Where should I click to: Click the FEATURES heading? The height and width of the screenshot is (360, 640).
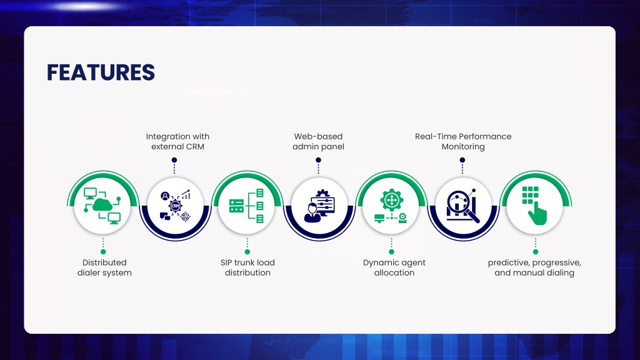(x=101, y=72)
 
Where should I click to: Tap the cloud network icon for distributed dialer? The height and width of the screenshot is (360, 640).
(x=102, y=206)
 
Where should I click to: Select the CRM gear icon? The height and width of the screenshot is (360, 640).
(x=175, y=206)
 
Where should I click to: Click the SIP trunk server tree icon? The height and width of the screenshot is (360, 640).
(x=246, y=206)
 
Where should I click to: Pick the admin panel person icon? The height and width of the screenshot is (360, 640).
(x=319, y=206)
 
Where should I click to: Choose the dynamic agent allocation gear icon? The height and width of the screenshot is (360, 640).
(x=391, y=206)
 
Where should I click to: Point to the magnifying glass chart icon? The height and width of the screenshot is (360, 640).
(x=463, y=206)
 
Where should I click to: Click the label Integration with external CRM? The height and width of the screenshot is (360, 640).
(x=177, y=141)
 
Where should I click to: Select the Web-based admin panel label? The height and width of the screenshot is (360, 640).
(x=318, y=141)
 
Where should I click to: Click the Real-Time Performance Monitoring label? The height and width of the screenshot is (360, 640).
(x=463, y=141)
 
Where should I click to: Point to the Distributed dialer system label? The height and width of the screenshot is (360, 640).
(x=104, y=267)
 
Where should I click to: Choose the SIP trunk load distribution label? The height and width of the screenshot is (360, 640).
(x=247, y=267)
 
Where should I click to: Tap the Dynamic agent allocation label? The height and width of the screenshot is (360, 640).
(x=394, y=267)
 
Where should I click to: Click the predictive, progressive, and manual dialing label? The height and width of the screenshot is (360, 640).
(x=534, y=267)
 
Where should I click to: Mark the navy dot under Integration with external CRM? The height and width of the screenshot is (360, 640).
(x=174, y=160)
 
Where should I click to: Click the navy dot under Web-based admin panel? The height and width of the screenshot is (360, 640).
(x=318, y=160)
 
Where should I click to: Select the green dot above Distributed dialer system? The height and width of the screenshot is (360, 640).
(x=103, y=252)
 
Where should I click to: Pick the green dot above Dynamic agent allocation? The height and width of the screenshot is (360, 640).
(x=391, y=252)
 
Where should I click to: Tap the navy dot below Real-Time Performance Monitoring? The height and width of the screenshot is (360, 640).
(x=462, y=160)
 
